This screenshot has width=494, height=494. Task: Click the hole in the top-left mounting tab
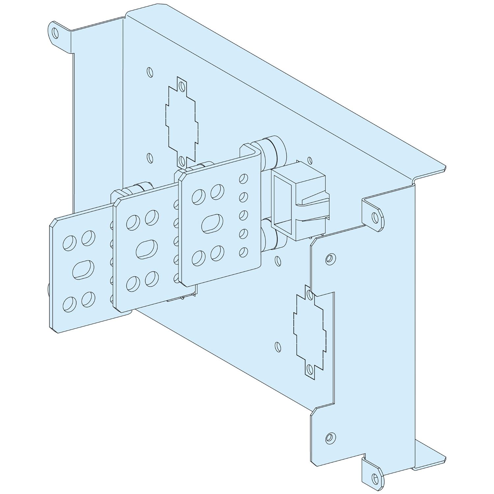point(55,33)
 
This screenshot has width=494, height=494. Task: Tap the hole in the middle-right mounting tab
point(375,217)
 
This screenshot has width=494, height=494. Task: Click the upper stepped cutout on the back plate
point(182,121)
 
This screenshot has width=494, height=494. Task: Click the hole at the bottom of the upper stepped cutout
point(181,160)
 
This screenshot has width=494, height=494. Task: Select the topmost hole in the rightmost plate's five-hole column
point(243,178)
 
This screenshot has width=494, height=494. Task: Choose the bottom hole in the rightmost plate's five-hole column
point(243,252)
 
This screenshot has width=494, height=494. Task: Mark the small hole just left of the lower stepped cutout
point(278,346)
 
